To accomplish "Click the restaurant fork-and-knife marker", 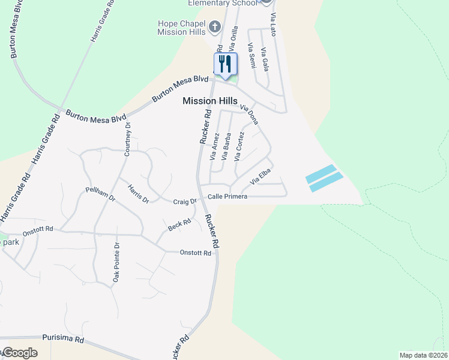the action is (226, 64).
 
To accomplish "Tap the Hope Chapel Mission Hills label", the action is (181, 28).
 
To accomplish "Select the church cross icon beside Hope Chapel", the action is (215, 27).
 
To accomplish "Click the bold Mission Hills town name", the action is (210, 101).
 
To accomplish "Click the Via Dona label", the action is (249, 114).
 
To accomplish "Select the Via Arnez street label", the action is (214, 147).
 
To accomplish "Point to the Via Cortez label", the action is (240, 147).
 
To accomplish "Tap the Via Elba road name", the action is (261, 176).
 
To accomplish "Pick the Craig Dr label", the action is (185, 202).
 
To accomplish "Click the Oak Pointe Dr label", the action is (117, 262).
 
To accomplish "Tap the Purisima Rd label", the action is (63, 340).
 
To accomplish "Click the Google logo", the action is (19, 353).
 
